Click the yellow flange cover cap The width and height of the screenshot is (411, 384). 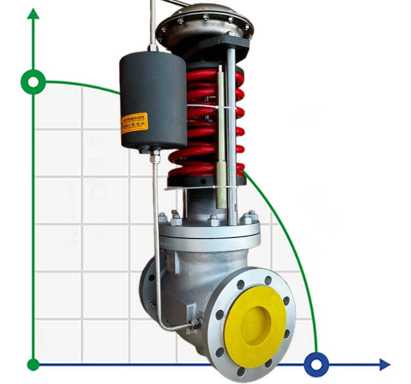(x=255, y=326)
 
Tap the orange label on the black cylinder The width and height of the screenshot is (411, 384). (x=134, y=123)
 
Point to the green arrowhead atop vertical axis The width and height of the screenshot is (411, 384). (x=33, y=14)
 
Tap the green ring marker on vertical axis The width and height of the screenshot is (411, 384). (x=33, y=82)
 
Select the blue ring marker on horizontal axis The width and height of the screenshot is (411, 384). (x=316, y=365)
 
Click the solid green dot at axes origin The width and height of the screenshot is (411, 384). (x=33, y=365)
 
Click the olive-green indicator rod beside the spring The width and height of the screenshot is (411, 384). (x=221, y=139)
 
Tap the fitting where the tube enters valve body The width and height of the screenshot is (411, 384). (x=194, y=324)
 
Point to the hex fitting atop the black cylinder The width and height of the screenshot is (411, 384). (x=153, y=48)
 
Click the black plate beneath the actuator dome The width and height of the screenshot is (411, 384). (x=216, y=49)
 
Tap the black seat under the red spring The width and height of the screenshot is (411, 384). (x=206, y=180)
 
